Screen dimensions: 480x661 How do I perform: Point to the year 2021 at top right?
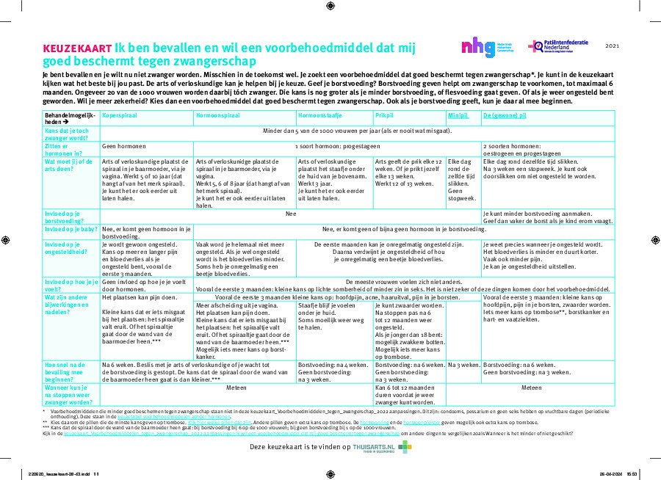tap(613, 46)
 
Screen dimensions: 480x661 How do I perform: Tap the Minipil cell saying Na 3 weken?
tap(463, 365)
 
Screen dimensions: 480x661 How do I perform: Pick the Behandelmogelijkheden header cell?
tap(71, 120)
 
